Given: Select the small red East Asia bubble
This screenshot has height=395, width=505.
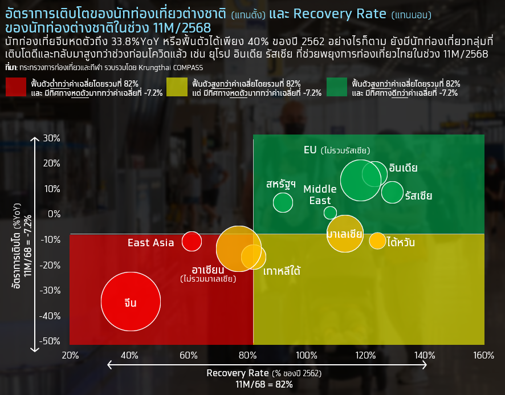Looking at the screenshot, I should pos(192,242).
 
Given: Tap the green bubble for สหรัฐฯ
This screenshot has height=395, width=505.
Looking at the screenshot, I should pos(283,202).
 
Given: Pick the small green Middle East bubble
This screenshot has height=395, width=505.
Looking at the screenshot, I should pos(330,213).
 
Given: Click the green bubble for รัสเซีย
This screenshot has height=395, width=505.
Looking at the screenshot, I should pos(392,193).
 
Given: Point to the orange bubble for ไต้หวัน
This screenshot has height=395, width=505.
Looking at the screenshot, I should pos(377,241).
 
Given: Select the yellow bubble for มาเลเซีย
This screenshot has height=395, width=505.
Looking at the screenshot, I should pos(345,234).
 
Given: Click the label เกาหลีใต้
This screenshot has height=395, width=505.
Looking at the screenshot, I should pos(282,271).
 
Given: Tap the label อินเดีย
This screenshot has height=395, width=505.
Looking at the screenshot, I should pos(403,168).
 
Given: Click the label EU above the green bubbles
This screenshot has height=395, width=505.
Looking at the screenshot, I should pos(310,150).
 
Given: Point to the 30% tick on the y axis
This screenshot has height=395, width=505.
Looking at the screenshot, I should pos(51,138).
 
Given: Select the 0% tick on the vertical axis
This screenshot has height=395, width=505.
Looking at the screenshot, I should pos(54,214).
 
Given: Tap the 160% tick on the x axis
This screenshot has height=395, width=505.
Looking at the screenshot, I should pos(483,356).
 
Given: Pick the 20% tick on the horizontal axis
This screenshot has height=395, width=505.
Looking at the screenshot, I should pos(70,356).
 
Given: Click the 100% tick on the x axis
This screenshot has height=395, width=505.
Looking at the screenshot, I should pos(307,356).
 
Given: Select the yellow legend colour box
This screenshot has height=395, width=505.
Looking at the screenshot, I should pos(177,88).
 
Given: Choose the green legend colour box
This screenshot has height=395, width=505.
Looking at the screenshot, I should pos(337,88).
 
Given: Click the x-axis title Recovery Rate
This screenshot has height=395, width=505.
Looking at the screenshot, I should pos(238,373).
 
